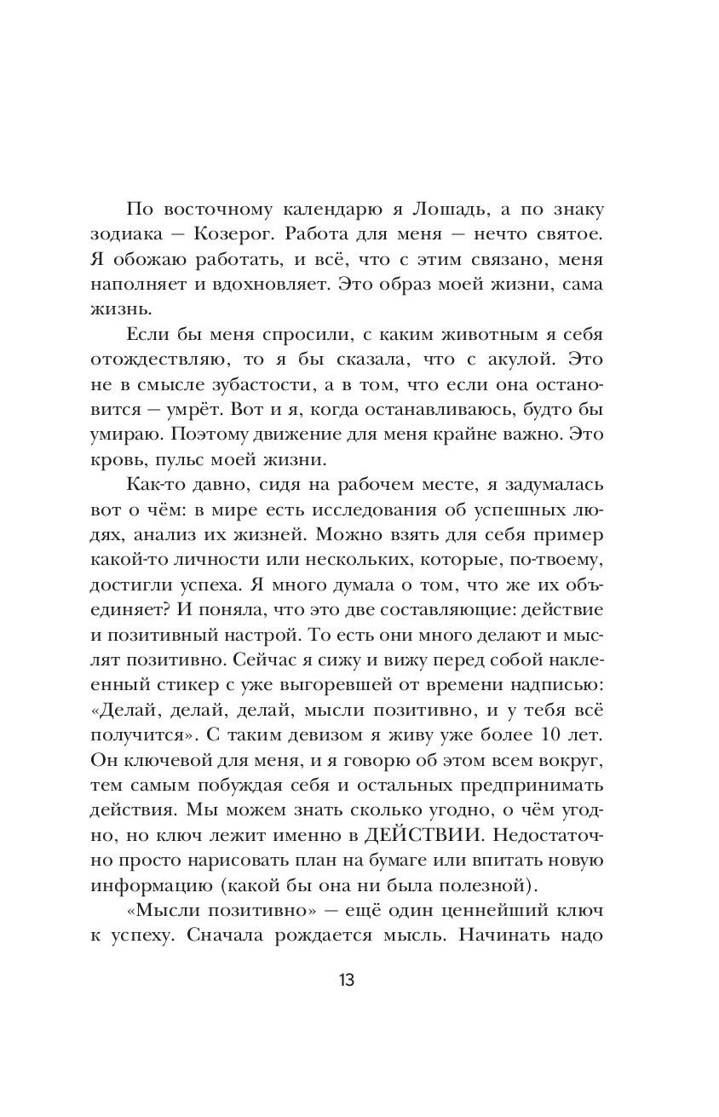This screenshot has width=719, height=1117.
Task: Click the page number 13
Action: [347, 979]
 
